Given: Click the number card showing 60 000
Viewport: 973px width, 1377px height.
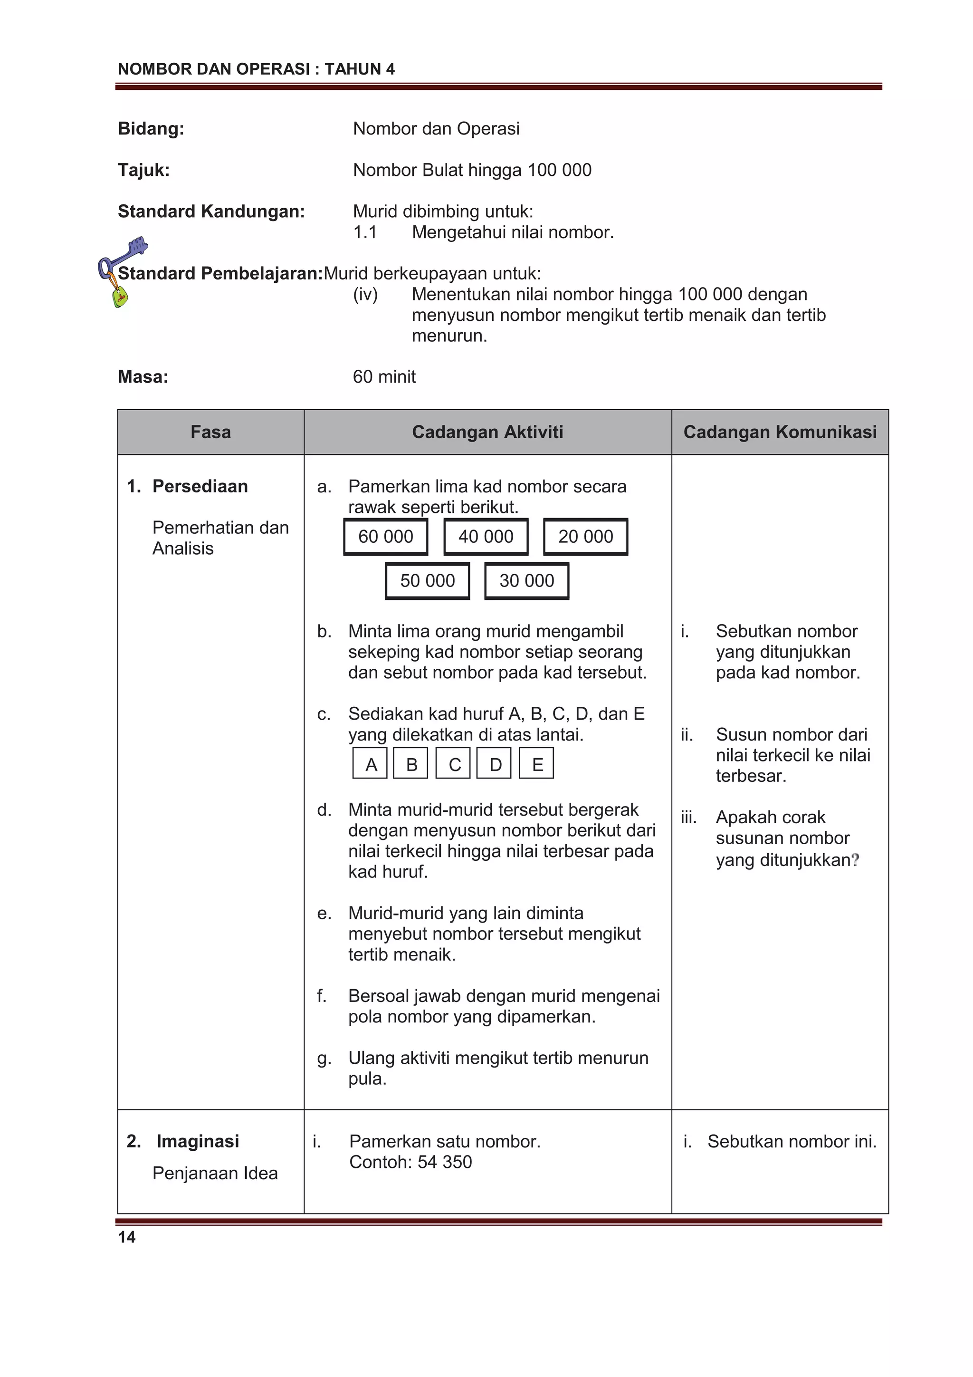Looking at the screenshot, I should pyautogui.click(x=385, y=537).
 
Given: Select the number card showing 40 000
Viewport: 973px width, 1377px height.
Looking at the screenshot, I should pyautogui.click(x=486, y=537).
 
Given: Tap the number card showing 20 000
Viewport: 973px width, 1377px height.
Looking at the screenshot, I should pyautogui.click(x=585, y=537).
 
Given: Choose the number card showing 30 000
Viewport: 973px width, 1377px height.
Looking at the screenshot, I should pyautogui.click(x=526, y=580).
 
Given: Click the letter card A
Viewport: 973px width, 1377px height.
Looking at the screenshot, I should pyautogui.click(x=371, y=764).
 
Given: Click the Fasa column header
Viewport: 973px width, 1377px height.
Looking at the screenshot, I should pyautogui.click(x=210, y=432).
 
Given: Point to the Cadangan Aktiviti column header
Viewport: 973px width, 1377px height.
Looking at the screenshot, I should pyautogui.click(x=487, y=432).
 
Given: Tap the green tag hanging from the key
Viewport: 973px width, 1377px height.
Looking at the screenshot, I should pyautogui.click(x=120, y=297).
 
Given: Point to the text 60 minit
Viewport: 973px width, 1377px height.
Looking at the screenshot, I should pyautogui.click(x=384, y=376).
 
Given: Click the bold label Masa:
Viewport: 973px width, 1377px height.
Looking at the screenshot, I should pyautogui.click(x=143, y=376).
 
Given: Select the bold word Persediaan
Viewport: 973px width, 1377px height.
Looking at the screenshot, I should pyautogui.click(x=200, y=486).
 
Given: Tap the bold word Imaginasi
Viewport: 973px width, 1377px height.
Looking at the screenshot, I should pyautogui.click(x=197, y=1141).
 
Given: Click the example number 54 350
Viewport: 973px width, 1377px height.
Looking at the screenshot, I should pyautogui.click(x=444, y=1162).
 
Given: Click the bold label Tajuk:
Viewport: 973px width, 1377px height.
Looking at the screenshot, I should pyautogui.click(x=143, y=170).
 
